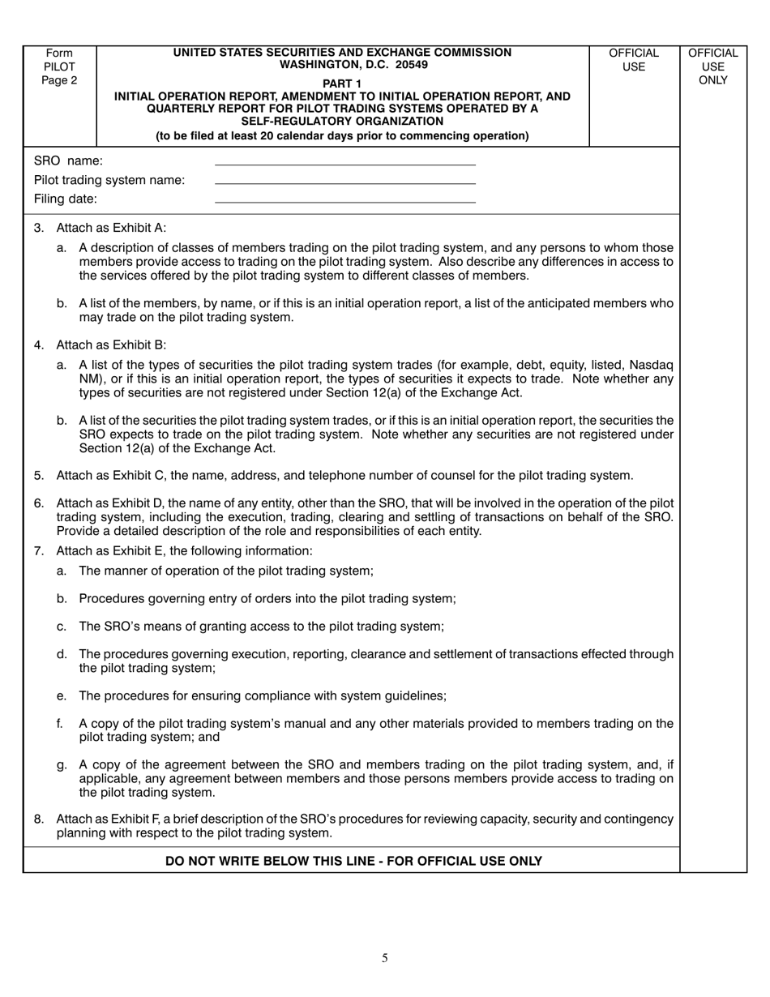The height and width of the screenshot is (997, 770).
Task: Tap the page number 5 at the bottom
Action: click(x=385, y=958)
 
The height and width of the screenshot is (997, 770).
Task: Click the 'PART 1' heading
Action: click(x=342, y=83)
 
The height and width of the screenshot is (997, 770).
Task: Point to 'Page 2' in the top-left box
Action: click(x=59, y=80)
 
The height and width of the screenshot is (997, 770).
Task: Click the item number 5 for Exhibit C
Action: click(x=39, y=476)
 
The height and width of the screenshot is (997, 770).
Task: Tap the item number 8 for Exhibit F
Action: click(x=39, y=819)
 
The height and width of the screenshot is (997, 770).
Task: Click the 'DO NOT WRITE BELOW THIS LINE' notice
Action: click(x=353, y=861)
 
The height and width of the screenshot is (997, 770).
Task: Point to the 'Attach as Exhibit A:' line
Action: click(x=111, y=228)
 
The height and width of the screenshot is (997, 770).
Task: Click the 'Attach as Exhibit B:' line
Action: click(x=111, y=345)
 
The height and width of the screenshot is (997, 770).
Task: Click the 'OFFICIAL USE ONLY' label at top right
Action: click(x=712, y=66)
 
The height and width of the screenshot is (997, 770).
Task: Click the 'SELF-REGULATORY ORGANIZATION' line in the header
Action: click(x=342, y=121)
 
